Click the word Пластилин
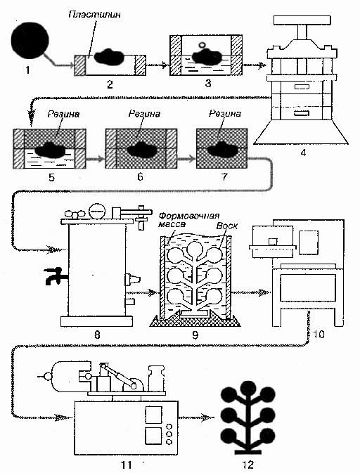coord(94,15)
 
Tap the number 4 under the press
coord(303,153)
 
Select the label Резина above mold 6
coord(144,114)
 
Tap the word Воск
coord(227,226)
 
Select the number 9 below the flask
coord(195,335)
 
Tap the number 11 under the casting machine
coord(126,465)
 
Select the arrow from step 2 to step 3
coord(157,65)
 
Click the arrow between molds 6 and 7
coord(186,159)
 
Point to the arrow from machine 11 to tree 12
coord(196,417)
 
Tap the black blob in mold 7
coord(221,149)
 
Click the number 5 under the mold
coord(51,177)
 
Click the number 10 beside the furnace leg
coord(319,334)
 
